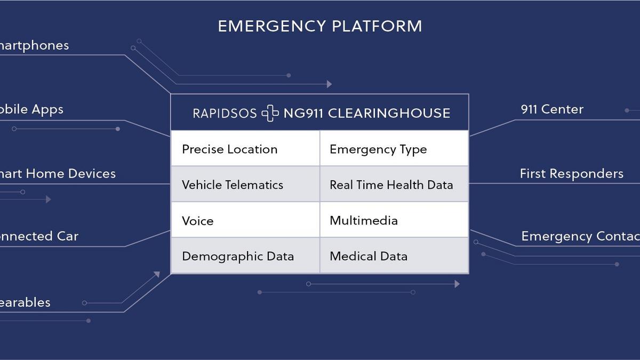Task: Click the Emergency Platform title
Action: coord(319,26)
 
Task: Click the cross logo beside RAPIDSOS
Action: coord(270,113)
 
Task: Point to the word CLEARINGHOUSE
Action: coord(389,113)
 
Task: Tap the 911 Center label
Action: coord(552,109)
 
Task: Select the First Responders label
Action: coord(571,174)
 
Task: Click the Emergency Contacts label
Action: coord(580,236)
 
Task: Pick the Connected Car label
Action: coord(39,236)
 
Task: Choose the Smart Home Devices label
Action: coord(58,174)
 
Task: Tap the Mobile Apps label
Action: coord(31,109)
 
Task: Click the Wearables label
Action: coord(25,302)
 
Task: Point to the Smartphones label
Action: coord(34,45)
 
